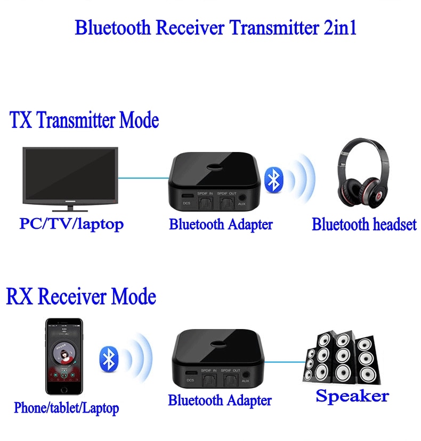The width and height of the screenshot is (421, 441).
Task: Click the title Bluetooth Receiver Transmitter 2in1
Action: click(215, 28)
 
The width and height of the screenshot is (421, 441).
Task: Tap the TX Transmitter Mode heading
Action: click(84, 121)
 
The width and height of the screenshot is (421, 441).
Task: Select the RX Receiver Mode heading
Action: click(81, 296)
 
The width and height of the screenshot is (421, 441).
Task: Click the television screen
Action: click(70, 172)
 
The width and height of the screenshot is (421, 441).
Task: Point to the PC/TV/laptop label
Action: click(71, 224)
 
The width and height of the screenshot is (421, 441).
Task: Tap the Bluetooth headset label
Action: click(364, 224)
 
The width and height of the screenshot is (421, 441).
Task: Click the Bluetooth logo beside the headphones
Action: click(274, 180)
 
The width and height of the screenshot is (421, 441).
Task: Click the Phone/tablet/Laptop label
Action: click(66, 408)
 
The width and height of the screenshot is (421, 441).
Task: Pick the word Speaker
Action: click(352, 396)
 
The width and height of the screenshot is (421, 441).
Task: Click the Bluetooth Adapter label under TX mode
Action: click(221, 224)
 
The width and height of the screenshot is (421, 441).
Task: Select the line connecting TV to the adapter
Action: click(144, 178)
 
